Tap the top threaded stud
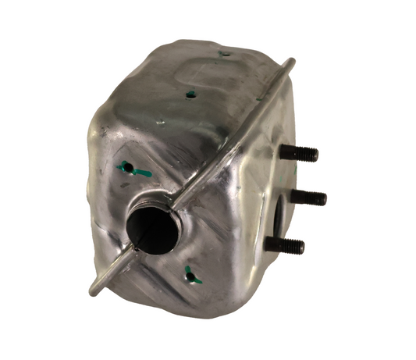coord(300,155)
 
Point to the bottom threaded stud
coord(284,244)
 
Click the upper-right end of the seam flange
coord(292,61)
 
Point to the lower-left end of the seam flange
coord(94,291)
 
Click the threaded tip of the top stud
coord(315,155)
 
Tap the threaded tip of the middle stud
coord(322,198)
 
